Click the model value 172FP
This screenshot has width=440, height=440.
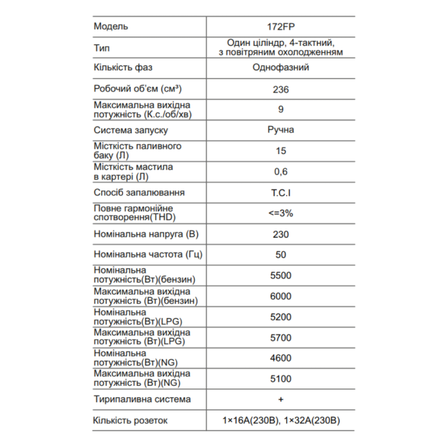[281, 26]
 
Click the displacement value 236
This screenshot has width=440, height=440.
[281, 89]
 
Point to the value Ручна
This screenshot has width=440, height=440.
[280, 130]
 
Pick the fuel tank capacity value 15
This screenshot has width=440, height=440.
[281, 151]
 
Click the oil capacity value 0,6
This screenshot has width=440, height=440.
[281, 172]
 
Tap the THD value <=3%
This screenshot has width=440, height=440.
[281, 213]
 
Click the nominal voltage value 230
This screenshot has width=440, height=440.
[281, 234]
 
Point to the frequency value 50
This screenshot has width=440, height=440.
[281, 255]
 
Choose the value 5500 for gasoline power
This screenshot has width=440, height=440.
[281, 275]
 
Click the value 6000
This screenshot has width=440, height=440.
[281, 296]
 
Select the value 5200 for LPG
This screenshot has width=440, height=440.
[281, 317]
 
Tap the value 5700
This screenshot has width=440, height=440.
[281, 338]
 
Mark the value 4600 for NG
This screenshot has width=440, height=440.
[281, 358]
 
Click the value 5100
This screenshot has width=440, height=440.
[281, 378]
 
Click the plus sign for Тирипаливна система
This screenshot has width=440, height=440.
[281, 399]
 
